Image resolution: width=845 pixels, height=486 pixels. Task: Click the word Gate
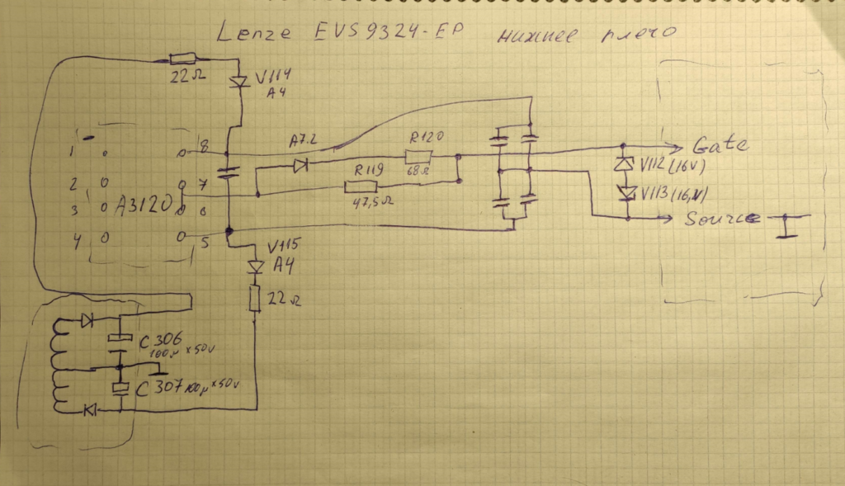720,145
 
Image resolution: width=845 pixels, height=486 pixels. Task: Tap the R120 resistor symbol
419,155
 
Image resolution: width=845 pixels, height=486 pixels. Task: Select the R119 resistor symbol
360,187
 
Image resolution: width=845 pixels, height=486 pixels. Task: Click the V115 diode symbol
255,267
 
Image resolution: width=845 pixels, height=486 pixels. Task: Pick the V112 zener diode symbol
627,163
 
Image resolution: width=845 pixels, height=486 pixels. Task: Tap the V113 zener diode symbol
627,192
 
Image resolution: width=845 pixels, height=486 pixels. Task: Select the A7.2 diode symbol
299,166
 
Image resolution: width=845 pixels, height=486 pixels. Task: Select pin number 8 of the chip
203,148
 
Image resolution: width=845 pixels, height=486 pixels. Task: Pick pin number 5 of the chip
203,242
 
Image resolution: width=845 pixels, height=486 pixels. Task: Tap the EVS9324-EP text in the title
388,34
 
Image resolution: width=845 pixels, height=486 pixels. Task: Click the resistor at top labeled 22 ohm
182,59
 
